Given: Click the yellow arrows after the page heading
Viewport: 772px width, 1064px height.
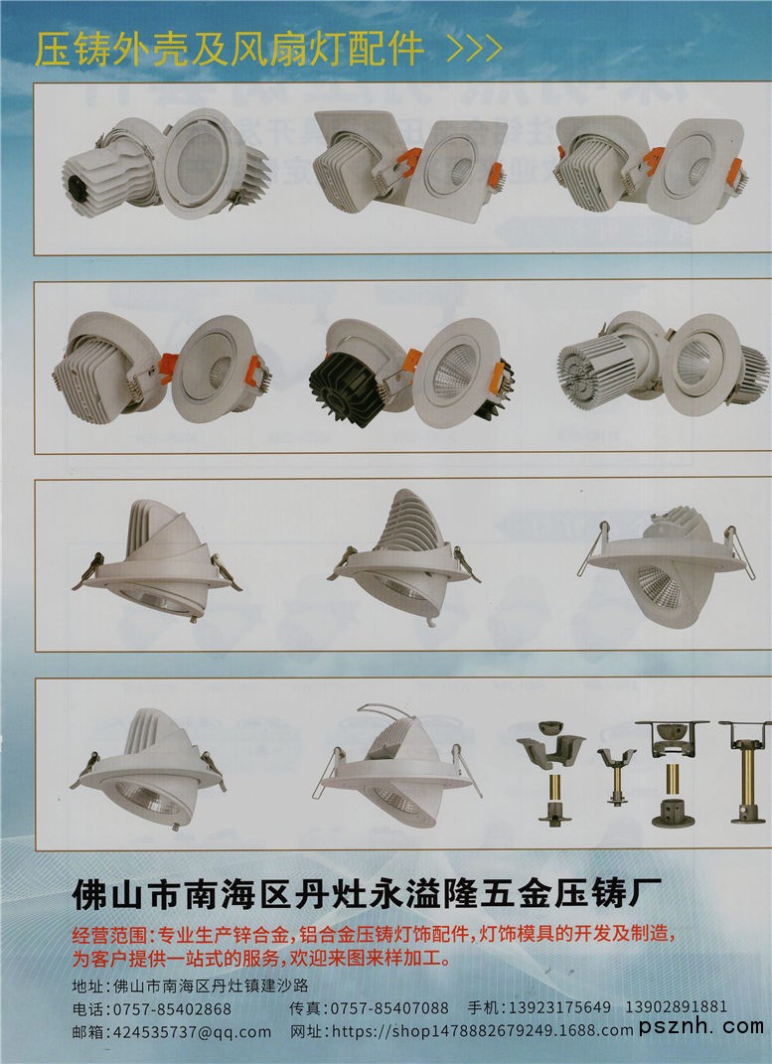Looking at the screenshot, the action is pos(475,48).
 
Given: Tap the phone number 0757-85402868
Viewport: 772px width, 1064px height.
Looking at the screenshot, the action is pos(172,1009).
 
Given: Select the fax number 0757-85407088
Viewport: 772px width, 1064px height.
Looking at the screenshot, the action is pos(389,1009).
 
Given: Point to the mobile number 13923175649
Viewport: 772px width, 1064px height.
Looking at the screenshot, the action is pos(559,1007).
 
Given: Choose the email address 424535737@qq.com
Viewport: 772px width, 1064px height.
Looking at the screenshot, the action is pos(192,1032).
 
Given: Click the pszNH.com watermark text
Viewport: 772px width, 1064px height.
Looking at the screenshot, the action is pos(701,1026).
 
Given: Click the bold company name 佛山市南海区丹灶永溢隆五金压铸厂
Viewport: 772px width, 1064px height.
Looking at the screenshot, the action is pos(367,894).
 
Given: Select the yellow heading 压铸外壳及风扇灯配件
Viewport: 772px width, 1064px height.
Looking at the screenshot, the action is pos(230,48).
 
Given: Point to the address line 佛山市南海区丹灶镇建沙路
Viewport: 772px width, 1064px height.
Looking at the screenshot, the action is pos(211,986).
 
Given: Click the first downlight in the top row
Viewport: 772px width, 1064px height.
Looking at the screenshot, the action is pos(166,164).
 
